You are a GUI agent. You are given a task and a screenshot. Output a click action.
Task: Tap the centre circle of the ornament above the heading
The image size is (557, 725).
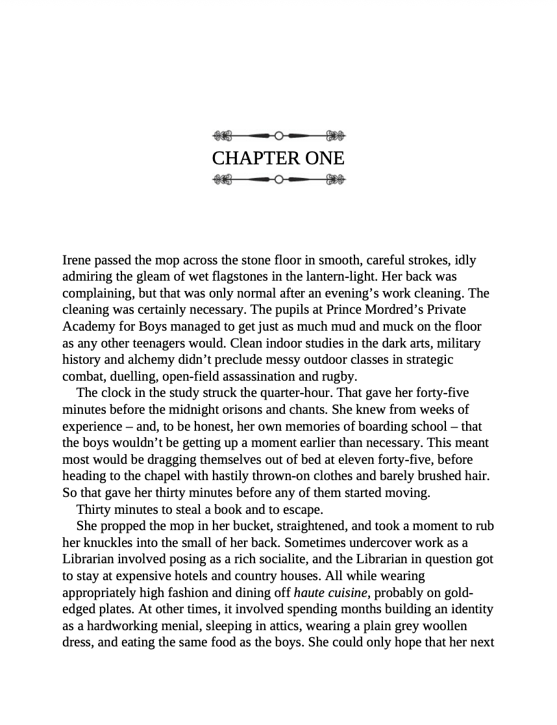(x=279, y=136)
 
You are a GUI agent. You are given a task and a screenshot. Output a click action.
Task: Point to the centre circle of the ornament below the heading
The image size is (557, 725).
(x=279, y=179)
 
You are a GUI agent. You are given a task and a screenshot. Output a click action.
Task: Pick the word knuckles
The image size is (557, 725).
(x=90, y=542)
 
